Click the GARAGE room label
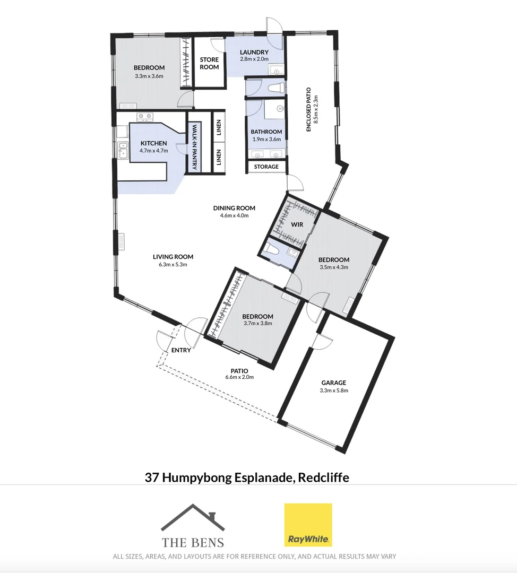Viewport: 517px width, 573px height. point(333,383)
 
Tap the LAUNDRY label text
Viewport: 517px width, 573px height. point(254,52)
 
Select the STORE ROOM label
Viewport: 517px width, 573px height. point(209,63)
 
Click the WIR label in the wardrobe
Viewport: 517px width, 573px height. point(297,224)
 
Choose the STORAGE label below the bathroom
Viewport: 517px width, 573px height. point(266,167)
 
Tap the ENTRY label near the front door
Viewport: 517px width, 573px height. point(180,350)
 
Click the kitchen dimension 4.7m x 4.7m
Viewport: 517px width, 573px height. point(153,151)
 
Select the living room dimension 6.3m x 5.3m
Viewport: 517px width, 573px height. point(173,264)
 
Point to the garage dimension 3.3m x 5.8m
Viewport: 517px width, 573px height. point(333,390)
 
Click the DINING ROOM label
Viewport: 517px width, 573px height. point(234,208)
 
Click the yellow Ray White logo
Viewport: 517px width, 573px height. point(308,525)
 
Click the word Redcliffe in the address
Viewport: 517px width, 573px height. point(323,477)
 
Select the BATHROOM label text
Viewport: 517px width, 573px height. point(266,132)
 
